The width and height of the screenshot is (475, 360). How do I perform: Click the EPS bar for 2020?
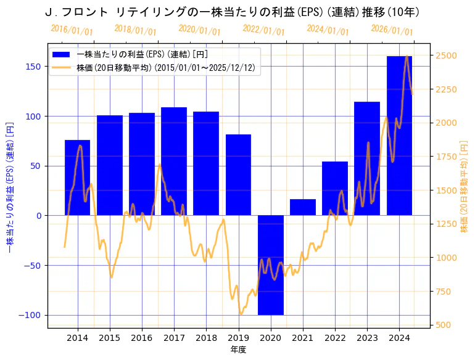point(271,265)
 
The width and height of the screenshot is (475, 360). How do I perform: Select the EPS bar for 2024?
point(400,136)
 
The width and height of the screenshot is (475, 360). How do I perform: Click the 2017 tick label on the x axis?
point(174,338)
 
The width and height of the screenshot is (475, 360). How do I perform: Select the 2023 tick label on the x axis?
point(367,338)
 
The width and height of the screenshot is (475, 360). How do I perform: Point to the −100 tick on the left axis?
point(31,315)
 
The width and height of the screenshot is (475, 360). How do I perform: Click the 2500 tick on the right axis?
point(446,55)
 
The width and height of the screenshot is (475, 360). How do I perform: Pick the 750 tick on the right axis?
point(444,292)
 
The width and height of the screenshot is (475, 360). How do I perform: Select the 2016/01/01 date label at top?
point(72,30)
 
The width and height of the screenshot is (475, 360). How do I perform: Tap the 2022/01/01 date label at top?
point(263,30)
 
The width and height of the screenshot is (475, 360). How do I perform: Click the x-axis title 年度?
point(239,350)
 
